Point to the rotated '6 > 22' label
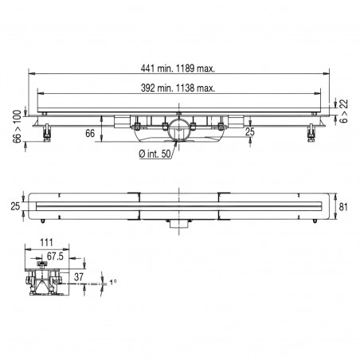343,112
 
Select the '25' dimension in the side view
250,132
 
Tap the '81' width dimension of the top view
344,207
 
